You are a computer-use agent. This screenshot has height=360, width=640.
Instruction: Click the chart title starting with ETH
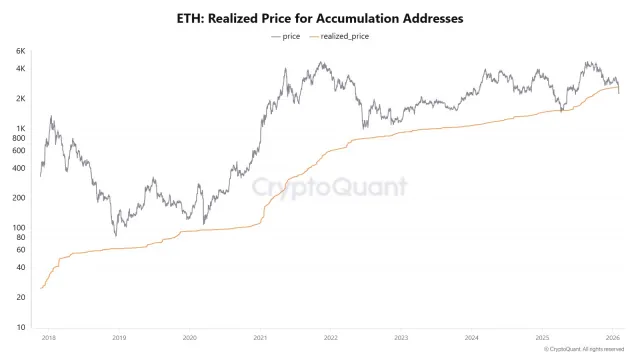320,18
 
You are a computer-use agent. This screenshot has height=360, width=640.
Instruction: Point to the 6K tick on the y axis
21,51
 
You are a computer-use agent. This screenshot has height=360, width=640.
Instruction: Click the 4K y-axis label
21,68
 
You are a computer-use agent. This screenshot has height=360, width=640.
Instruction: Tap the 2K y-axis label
21,98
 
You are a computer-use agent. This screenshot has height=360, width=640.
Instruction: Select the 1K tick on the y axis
21,128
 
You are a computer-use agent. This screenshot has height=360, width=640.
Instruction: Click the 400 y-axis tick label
19,167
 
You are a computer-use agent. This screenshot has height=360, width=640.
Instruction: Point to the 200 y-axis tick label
19,197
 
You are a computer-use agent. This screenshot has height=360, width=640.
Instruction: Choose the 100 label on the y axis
19,227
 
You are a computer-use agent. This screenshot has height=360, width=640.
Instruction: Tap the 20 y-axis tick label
21,297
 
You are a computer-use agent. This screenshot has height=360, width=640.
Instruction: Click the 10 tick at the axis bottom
21,327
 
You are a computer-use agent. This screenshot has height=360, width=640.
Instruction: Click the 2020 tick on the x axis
190,338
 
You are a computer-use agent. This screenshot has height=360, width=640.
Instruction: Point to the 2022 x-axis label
331,338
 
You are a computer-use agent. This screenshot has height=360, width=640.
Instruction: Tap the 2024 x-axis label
472,338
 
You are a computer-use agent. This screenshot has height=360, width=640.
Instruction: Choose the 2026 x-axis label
613,338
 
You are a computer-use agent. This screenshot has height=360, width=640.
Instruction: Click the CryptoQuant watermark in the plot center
328,186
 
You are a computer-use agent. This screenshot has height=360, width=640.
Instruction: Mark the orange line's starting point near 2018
41,288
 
